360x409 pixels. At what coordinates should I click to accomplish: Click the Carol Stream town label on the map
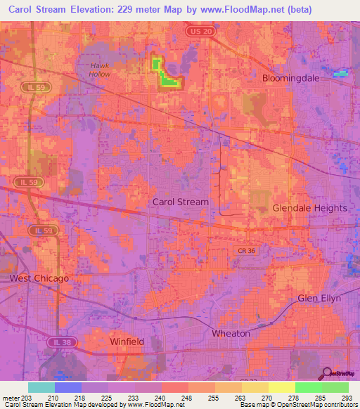(x=181, y=202)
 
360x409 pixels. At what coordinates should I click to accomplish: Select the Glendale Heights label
(x=310, y=208)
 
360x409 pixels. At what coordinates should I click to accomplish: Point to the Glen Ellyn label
(x=319, y=298)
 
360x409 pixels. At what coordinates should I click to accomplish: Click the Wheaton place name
(x=231, y=333)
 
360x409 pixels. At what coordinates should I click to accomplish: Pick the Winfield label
(x=127, y=342)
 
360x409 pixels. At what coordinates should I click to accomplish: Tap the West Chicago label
(x=39, y=278)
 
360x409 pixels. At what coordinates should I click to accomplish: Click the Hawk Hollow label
(x=99, y=70)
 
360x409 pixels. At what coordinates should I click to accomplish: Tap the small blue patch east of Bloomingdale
(x=341, y=73)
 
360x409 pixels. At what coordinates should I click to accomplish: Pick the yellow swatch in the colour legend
(x=281, y=387)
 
